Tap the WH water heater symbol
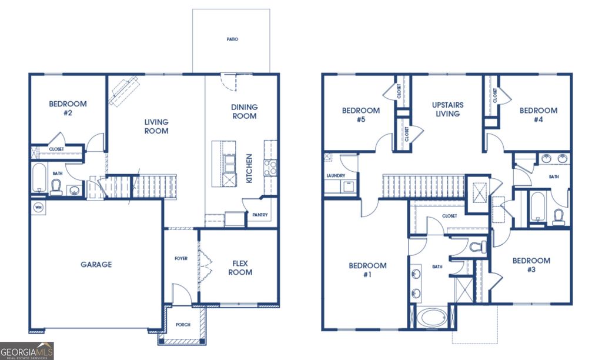[x=38, y=207]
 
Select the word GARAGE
[x=96, y=265]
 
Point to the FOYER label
[x=181, y=258]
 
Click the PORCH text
[x=183, y=325]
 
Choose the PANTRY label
[x=260, y=215]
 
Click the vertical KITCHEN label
[x=249, y=168]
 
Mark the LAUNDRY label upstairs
[x=335, y=176]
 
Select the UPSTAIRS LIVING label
[x=447, y=109]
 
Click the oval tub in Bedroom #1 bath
[x=432, y=318]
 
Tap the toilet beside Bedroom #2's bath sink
[x=56, y=186]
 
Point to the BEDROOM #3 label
[x=531, y=265]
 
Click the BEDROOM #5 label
[x=360, y=115]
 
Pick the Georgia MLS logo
[x=27, y=351]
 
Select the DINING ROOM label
[x=244, y=111]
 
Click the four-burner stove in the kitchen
[x=270, y=168]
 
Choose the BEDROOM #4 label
[x=538, y=115]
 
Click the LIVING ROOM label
[x=156, y=126]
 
